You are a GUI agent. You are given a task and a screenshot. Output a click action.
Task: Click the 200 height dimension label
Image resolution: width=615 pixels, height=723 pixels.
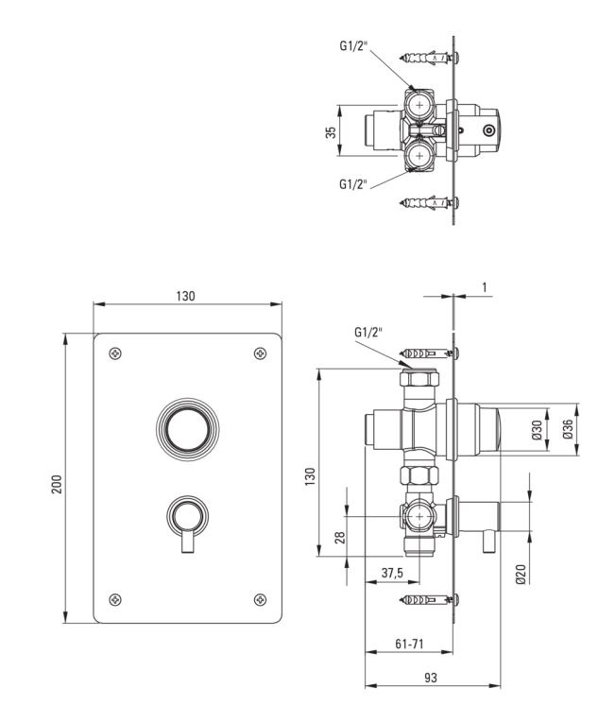[x=57, y=484]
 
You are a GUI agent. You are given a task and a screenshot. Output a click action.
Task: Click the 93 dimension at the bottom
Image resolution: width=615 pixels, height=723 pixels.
[x=430, y=678]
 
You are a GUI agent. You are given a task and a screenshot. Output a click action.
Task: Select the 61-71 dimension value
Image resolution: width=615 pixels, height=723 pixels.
[x=409, y=644]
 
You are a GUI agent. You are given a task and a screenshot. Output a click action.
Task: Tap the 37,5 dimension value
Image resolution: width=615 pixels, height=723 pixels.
[x=392, y=573]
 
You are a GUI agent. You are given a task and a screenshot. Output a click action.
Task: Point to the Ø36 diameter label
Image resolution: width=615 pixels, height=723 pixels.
[x=568, y=429]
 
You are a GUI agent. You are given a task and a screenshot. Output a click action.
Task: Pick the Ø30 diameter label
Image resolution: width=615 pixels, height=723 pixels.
[x=538, y=430]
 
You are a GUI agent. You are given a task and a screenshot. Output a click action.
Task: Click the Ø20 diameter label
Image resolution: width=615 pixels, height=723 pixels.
[x=521, y=574]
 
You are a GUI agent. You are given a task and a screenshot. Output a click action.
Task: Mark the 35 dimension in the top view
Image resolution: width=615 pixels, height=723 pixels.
[x=331, y=133]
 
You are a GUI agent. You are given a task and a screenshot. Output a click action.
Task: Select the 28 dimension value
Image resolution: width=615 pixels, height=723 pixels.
[x=340, y=538]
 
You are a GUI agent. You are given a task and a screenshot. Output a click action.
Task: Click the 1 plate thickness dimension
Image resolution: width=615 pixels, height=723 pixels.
[x=484, y=287]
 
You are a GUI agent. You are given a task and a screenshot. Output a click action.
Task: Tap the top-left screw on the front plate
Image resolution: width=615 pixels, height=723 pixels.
[x=115, y=353]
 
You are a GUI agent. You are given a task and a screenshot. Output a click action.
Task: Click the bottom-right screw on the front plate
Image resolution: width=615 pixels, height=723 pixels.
[x=261, y=599]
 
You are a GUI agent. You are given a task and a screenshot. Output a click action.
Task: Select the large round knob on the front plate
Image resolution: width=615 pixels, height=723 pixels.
[x=188, y=429]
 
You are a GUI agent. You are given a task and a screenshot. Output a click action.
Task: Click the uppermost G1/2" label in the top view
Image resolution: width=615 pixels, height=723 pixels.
[x=353, y=45]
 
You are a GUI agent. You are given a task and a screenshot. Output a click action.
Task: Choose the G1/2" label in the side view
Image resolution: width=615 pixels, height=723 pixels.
[x=368, y=332]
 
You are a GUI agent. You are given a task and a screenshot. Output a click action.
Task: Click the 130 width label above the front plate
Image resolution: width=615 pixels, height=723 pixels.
[x=185, y=296]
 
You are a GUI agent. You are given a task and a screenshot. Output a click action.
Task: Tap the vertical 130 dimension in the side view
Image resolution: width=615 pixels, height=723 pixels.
[x=310, y=475]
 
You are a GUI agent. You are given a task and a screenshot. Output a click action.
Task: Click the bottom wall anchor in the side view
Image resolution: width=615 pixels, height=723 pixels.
[x=430, y=599]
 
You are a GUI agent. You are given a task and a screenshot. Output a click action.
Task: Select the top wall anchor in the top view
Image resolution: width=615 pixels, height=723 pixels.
[x=430, y=58]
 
